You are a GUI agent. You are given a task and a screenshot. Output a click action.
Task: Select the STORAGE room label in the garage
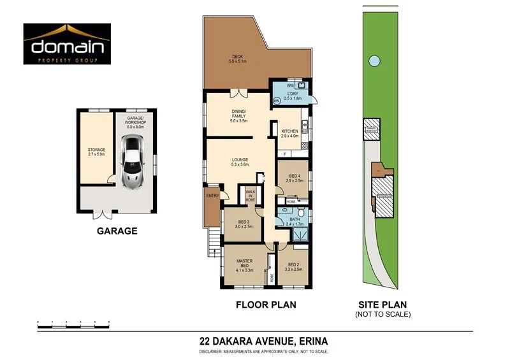96,152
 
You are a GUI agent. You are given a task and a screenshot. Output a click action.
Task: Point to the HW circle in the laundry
277,101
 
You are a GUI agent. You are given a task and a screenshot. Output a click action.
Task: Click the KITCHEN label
289,133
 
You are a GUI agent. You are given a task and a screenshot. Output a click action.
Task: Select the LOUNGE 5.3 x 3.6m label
240,162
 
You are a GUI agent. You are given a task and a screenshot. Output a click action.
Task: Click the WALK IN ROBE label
251,195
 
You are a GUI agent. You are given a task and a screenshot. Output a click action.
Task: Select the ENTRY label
212,196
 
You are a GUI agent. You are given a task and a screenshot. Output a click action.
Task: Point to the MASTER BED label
245,264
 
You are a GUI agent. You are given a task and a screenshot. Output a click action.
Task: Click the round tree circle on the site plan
372,61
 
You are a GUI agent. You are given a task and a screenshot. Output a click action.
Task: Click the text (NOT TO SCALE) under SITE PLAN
382,314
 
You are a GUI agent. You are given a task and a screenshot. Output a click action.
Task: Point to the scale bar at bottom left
73,324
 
